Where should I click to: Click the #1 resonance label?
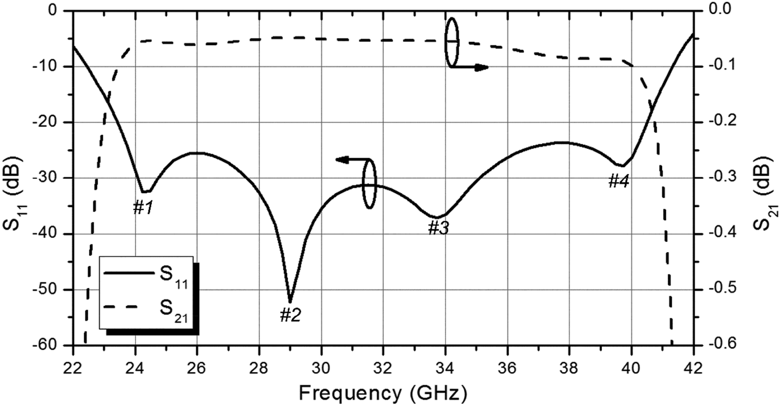coord(143,207)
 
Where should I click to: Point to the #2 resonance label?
coord(290,316)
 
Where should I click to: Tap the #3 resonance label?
coord(438,227)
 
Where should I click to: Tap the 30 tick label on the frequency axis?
coord(321,359)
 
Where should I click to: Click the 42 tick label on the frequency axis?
coord(692,359)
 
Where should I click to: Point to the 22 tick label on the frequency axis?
coord(73,359)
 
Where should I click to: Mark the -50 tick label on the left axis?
coord(55,290)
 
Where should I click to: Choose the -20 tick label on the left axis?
coord(55,123)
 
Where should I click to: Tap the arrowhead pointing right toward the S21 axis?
coord(482,67)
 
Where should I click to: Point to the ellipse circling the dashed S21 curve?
coord(452,42)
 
